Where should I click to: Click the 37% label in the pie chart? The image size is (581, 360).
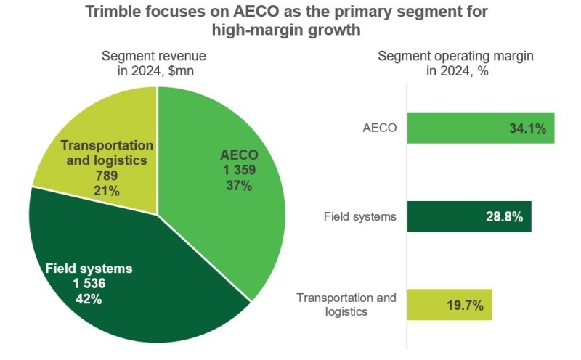coord(238,186)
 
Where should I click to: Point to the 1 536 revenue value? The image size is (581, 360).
coord(89,283)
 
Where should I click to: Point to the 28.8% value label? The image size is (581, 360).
coord(505,217)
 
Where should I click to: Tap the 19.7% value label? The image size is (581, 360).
coord(466,306)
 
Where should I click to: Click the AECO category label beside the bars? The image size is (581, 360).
coord(379,128)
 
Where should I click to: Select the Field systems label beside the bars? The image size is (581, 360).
coord(361,216)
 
